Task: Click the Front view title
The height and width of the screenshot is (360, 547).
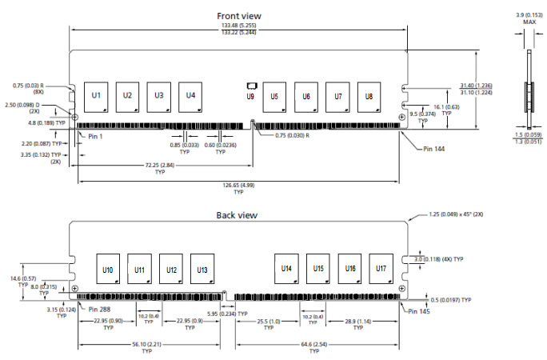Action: (239, 15)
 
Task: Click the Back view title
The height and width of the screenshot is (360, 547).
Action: (237, 215)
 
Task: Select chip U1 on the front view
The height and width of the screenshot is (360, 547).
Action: (96, 96)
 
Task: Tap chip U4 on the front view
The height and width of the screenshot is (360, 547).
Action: (190, 96)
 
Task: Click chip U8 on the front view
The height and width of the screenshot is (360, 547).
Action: (369, 96)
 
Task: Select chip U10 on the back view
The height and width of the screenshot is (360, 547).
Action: (108, 270)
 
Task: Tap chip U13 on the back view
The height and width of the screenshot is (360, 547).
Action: (201, 270)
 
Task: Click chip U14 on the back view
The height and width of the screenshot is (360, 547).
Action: (286, 270)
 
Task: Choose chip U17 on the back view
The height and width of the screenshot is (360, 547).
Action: (381, 270)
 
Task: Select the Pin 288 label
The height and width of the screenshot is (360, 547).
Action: (104, 309)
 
